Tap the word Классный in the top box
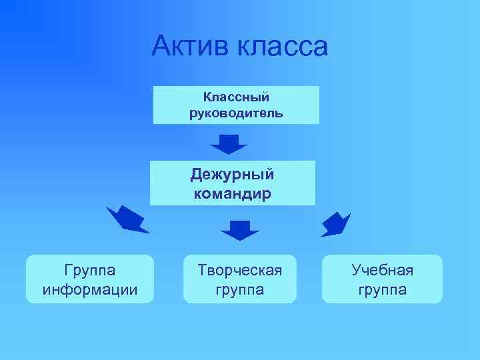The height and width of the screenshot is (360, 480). click(236, 97)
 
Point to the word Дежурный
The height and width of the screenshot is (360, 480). click(232, 175)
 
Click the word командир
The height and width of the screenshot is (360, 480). click(232, 193)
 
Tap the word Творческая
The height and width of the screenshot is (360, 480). click(240, 270)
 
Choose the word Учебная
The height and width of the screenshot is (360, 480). click(383, 270)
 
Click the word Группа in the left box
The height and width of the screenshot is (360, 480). click(90, 270)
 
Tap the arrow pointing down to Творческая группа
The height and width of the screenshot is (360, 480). click(240, 229)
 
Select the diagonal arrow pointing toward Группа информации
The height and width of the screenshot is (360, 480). click(127, 219)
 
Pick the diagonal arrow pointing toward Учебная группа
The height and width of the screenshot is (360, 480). click(335, 225)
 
